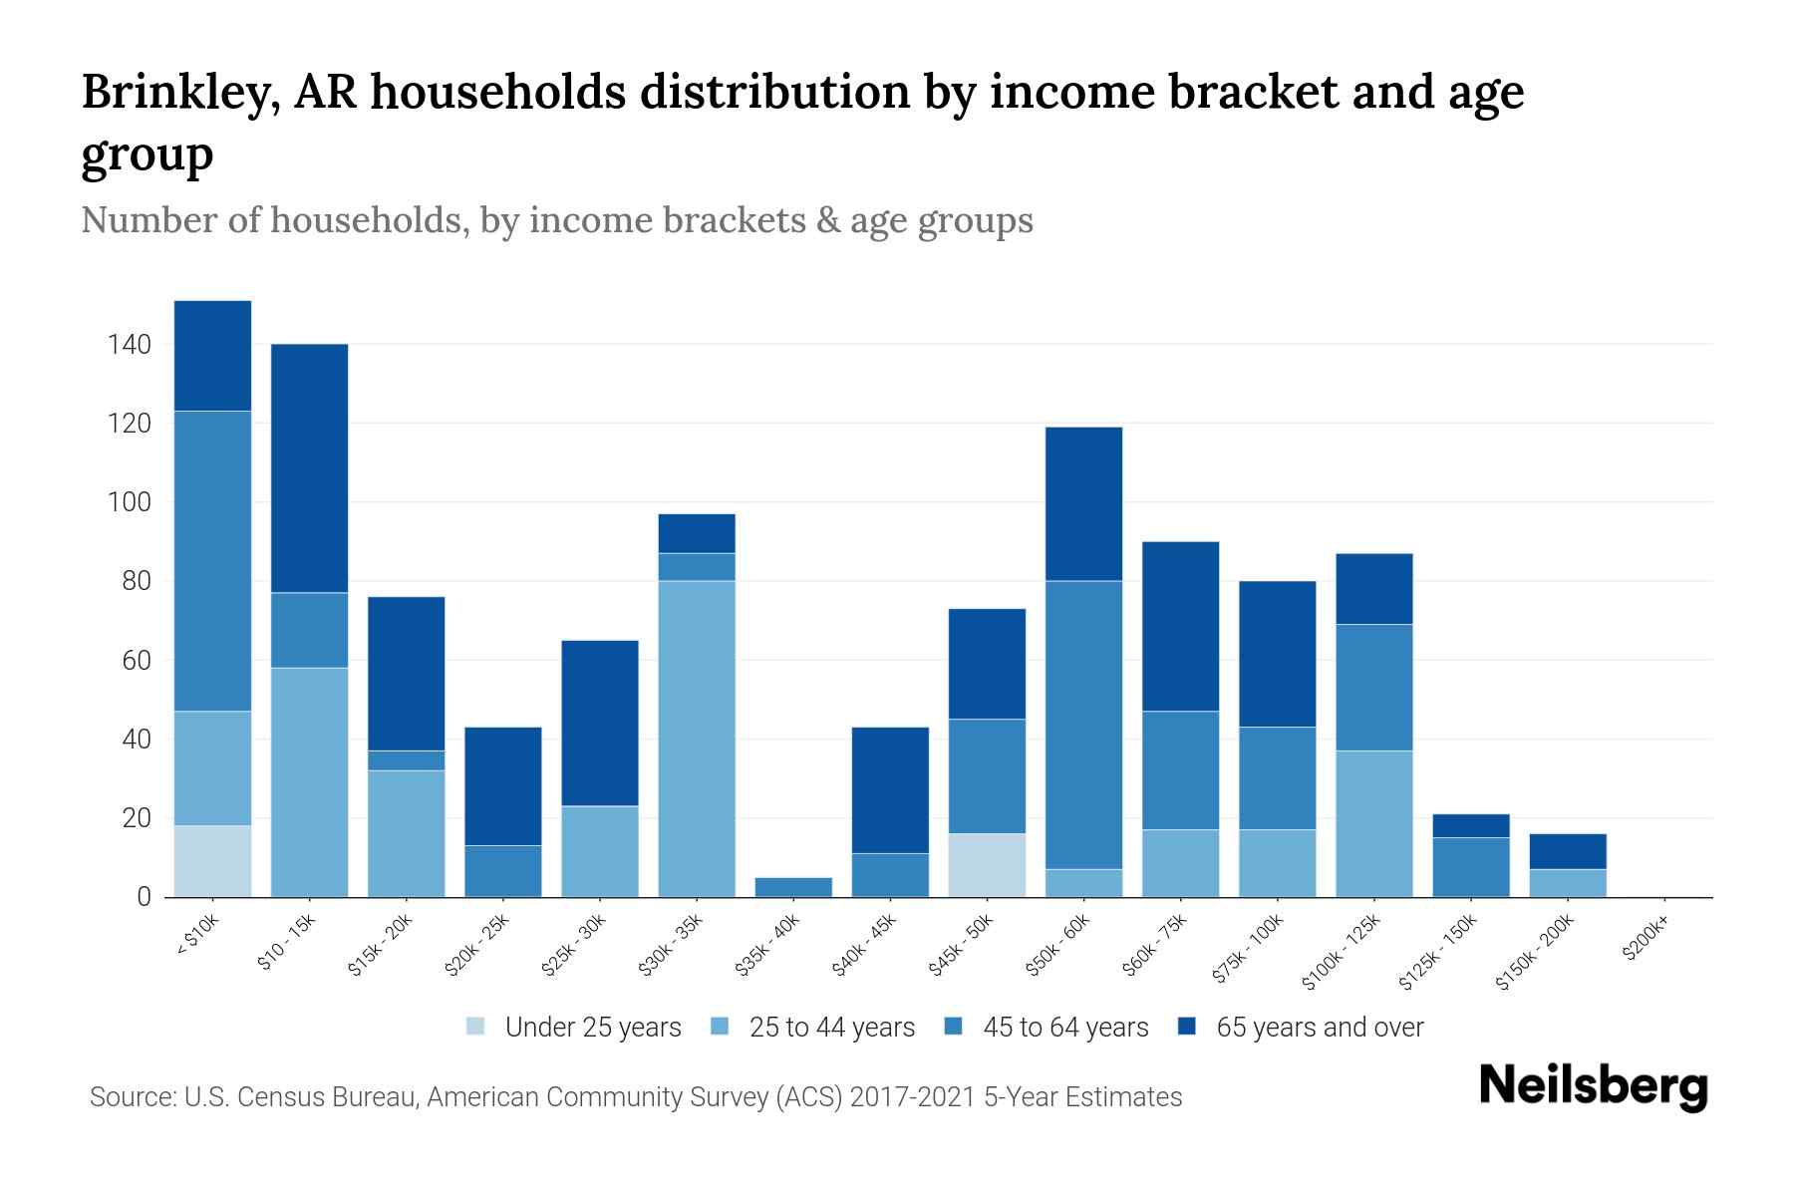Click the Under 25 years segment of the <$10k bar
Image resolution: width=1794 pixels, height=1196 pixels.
[x=212, y=861]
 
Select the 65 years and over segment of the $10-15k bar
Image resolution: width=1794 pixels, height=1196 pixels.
[x=309, y=468]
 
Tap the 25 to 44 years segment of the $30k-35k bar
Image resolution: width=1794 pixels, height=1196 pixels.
[x=697, y=738]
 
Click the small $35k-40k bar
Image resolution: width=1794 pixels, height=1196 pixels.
[x=793, y=887]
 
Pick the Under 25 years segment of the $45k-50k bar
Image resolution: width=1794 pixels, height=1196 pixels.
[x=987, y=865]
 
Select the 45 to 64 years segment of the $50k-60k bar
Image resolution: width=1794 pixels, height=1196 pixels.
[x=1083, y=725]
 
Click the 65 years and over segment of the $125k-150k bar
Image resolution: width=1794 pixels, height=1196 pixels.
[x=1470, y=825]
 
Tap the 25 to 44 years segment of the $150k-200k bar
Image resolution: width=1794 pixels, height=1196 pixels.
[x=1568, y=883]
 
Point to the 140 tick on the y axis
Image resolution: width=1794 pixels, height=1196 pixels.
[x=130, y=345]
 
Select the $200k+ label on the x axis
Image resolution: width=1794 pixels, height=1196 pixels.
[x=1644, y=943]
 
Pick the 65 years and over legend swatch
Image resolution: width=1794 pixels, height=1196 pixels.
[x=1187, y=1027]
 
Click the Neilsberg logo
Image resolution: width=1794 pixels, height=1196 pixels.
[x=1593, y=1087]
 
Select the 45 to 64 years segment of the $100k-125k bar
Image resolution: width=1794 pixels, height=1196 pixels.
[x=1373, y=688]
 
